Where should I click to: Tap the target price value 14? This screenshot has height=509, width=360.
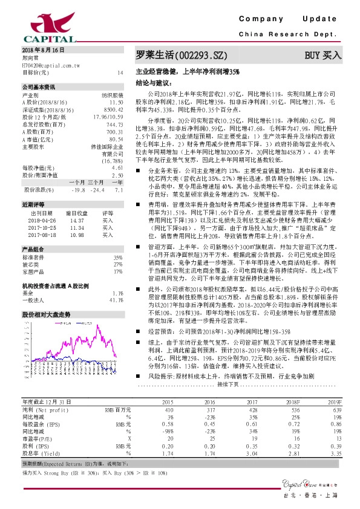pyautogui.click(x=120, y=72)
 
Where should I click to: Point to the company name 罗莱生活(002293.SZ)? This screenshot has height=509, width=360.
pyautogui.click(x=180, y=56)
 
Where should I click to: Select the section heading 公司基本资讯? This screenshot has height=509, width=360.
pyautogui.click(x=38, y=87)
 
